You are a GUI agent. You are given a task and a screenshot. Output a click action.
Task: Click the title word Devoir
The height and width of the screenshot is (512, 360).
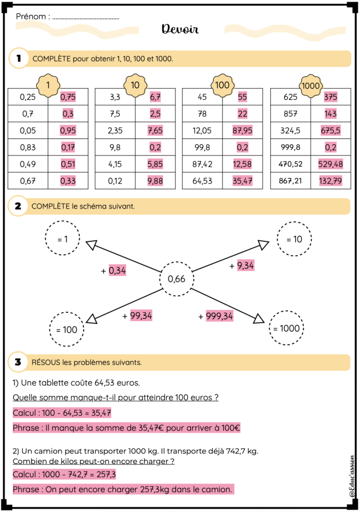(180, 29)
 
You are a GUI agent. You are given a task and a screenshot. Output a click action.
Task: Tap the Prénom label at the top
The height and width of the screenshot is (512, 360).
(30, 17)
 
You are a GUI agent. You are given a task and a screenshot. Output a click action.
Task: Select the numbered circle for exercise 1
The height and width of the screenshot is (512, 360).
(19, 59)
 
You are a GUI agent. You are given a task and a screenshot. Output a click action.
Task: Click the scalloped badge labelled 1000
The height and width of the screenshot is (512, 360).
(311, 86)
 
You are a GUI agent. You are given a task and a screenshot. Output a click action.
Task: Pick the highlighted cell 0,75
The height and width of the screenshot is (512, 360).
(68, 97)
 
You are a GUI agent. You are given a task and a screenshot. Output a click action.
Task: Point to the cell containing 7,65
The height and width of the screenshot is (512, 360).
(155, 131)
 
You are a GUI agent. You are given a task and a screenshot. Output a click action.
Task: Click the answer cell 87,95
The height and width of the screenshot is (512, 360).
(243, 131)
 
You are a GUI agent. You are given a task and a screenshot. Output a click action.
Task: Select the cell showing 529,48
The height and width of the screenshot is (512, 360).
(331, 164)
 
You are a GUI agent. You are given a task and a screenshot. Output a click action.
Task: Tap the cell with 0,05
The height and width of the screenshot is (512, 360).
(28, 131)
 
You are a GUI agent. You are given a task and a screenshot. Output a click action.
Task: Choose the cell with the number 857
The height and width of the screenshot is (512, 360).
(290, 113)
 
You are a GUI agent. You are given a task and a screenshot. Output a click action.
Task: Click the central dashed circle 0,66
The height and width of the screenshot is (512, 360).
(177, 279)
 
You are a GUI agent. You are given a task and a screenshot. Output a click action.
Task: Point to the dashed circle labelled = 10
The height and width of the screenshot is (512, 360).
(294, 239)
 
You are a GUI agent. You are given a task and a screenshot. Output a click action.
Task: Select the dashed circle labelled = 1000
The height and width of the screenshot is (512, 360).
(286, 328)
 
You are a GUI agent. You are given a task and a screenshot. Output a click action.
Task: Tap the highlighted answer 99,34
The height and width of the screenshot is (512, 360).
(141, 316)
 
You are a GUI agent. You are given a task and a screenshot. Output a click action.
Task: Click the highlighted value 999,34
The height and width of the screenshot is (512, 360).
(219, 316)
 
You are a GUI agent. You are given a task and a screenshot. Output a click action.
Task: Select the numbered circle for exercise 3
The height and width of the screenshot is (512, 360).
(18, 362)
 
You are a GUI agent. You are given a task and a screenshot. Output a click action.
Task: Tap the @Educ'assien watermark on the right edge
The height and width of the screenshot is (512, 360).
(352, 477)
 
